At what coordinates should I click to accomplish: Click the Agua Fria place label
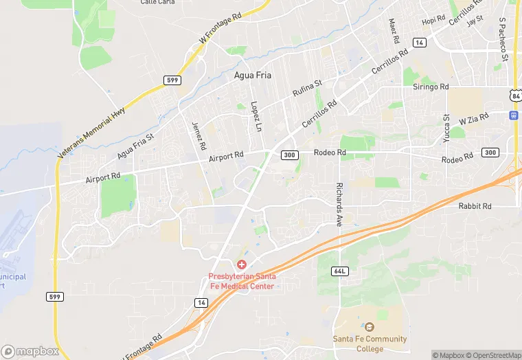point(253,76)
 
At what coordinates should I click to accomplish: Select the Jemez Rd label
point(199,136)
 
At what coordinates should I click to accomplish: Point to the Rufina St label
point(308,88)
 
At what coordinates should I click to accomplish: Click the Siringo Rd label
point(430,87)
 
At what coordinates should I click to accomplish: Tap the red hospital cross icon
point(242,265)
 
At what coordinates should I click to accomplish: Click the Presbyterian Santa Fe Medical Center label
point(242,282)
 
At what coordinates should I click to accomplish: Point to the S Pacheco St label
point(503,40)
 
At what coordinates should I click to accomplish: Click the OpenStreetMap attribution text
point(492,355)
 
